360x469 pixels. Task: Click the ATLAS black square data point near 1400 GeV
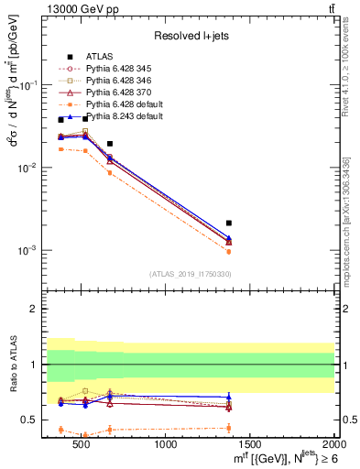(229, 223)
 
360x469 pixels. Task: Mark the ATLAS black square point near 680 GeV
(110, 144)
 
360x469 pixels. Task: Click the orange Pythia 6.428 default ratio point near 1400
(229, 428)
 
